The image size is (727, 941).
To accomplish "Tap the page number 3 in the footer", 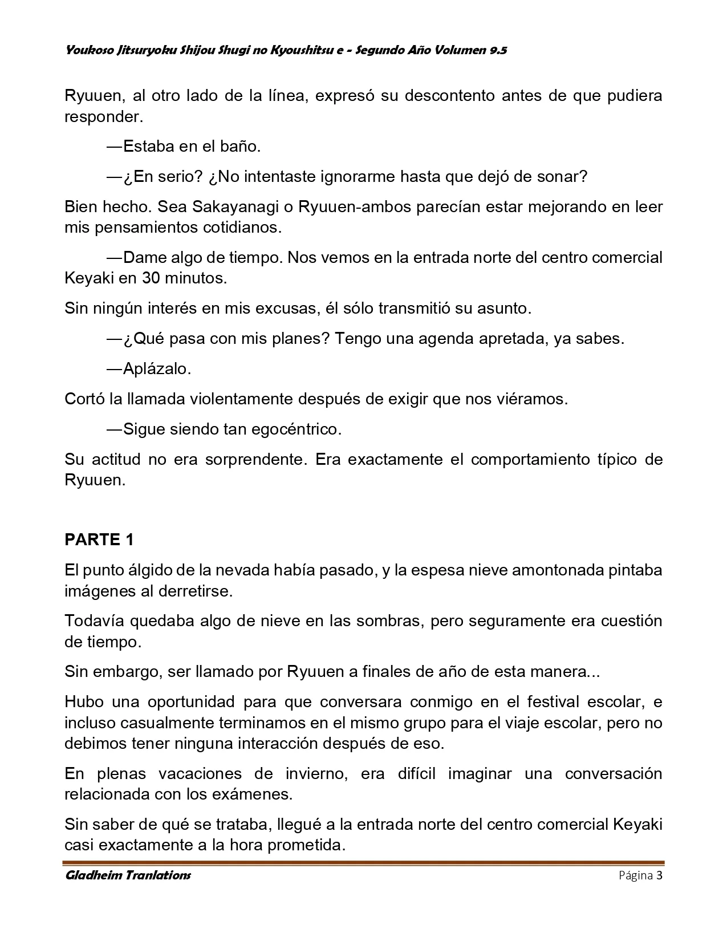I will [659, 875].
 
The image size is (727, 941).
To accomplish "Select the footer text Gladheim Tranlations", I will [128, 875].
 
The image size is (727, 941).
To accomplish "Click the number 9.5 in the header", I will [497, 50].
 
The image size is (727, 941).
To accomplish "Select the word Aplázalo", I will [157, 368].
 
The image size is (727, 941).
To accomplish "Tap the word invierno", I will [313, 774].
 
